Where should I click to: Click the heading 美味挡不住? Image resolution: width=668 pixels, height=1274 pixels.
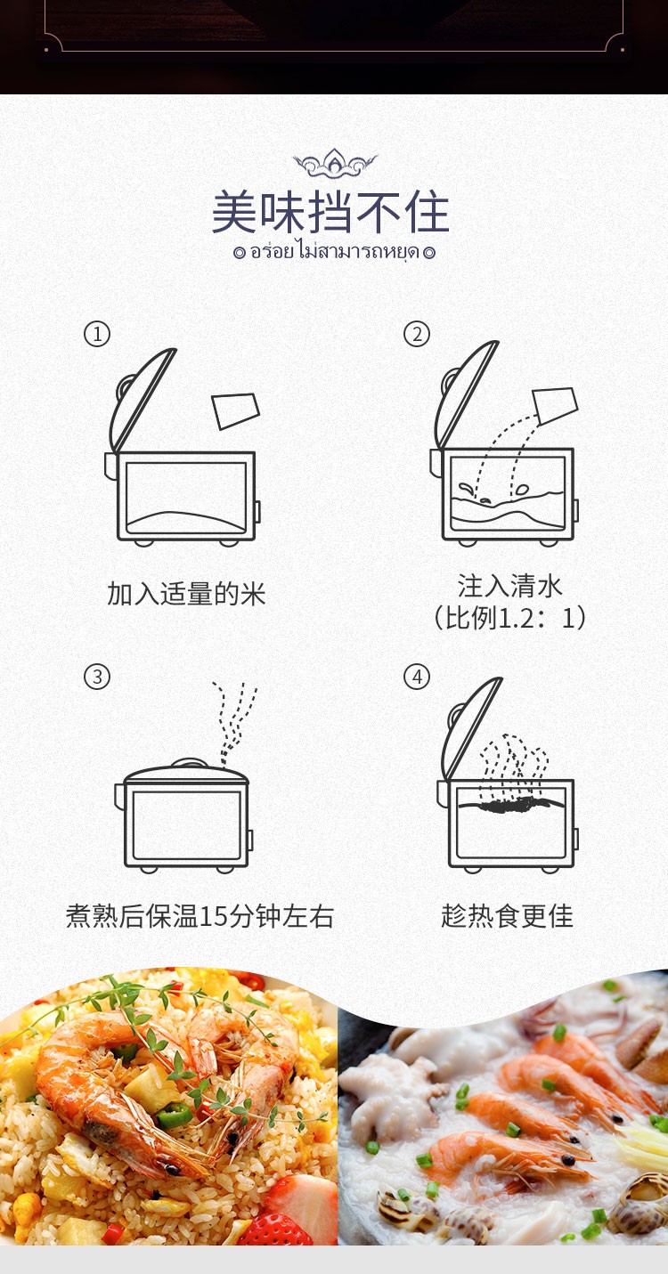(x=330, y=213)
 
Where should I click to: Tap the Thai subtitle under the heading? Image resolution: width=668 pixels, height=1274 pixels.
(x=335, y=251)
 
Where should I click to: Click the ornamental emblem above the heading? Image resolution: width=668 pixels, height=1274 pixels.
(x=335, y=163)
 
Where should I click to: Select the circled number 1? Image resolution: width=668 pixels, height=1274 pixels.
(x=97, y=334)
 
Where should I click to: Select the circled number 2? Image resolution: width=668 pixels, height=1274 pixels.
(x=417, y=334)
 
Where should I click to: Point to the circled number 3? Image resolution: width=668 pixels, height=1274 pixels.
(x=97, y=677)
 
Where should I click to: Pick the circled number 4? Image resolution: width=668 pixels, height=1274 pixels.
(x=417, y=677)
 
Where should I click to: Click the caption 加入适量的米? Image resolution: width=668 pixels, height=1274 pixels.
(x=187, y=594)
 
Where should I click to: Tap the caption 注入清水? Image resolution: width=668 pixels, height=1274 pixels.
(x=509, y=586)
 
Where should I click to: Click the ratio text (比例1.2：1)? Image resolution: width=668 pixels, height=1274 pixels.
(x=509, y=618)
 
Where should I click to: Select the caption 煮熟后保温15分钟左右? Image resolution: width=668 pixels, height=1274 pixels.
(x=200, y=916)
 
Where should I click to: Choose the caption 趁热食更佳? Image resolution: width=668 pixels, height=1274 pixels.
(x=507, y=916)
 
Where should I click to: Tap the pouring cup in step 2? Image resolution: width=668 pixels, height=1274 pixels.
(x=556, y=405)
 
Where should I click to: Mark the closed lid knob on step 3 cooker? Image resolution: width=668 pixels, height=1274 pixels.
(x=188, y=763)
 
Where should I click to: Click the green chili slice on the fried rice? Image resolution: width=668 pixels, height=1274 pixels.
(x=175, y=1116)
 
